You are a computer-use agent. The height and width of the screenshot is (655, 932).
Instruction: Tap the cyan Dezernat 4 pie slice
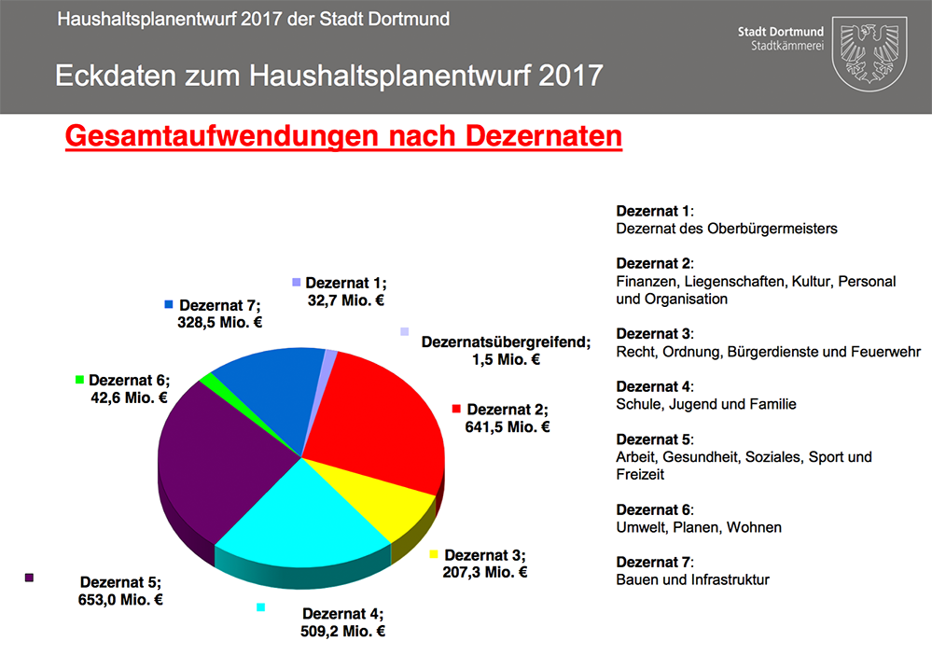pyautogui.click(x=299, y=523)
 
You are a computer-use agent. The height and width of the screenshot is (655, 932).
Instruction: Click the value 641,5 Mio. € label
pyautogui.click(x=507, y=427)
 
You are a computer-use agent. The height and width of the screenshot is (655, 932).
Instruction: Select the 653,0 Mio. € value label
pyautogui.click(x=121, y=600)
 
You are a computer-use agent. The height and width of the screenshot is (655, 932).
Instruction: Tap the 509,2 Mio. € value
pyautogui.click(x=342, y=631)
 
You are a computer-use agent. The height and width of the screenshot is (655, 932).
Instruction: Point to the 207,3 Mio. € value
pyautogui.click(x=484, y=572)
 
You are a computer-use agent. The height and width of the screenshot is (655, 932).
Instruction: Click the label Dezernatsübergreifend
pyautogui.click(x=506, y=342)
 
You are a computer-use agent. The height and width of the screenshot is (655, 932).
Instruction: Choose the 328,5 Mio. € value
pyautogui.click(x=219, y=323)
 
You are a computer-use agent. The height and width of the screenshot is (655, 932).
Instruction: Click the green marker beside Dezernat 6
pyautogui.click(x=80, y=380)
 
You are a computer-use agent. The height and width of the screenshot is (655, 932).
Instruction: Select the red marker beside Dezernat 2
pyautogui.click(x=457, y=409)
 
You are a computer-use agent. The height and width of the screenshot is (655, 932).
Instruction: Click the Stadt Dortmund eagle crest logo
pyautogui.click(x=869, y=52)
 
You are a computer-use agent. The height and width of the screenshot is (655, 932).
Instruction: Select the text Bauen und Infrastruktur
pyautogui.click(x=692, y=579)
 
